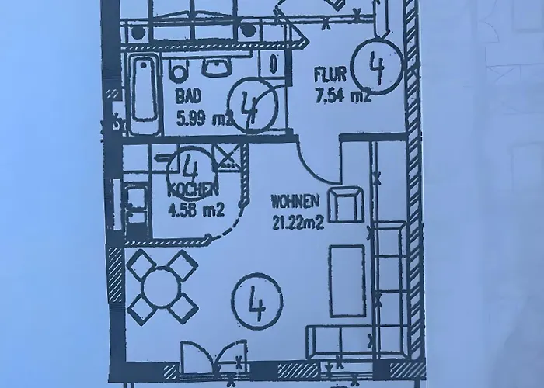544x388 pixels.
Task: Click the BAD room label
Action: coord(188,96)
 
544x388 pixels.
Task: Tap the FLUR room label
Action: coord(330,75)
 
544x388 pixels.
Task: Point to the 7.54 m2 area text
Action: coord(343,95)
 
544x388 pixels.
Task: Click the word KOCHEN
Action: coord(193,190)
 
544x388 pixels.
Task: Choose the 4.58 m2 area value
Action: coord(196,210)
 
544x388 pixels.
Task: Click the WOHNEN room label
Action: coord(295,202)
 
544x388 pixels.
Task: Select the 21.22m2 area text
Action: coord(298,222)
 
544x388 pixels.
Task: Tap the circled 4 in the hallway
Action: coord(377,67)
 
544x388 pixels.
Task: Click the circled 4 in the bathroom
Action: coord(253,106)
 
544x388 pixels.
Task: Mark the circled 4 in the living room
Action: coord(257,301)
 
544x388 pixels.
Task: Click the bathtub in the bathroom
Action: coord(144,91)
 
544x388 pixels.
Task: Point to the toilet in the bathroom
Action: coord(179,69)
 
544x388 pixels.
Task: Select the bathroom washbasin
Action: coord(217,67)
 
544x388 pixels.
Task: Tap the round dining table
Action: coord(162,286)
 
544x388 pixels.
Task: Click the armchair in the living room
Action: coord(346,204)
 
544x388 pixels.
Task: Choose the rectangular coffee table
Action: coord(347,281)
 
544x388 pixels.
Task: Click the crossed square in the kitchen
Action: coord(227,157)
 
